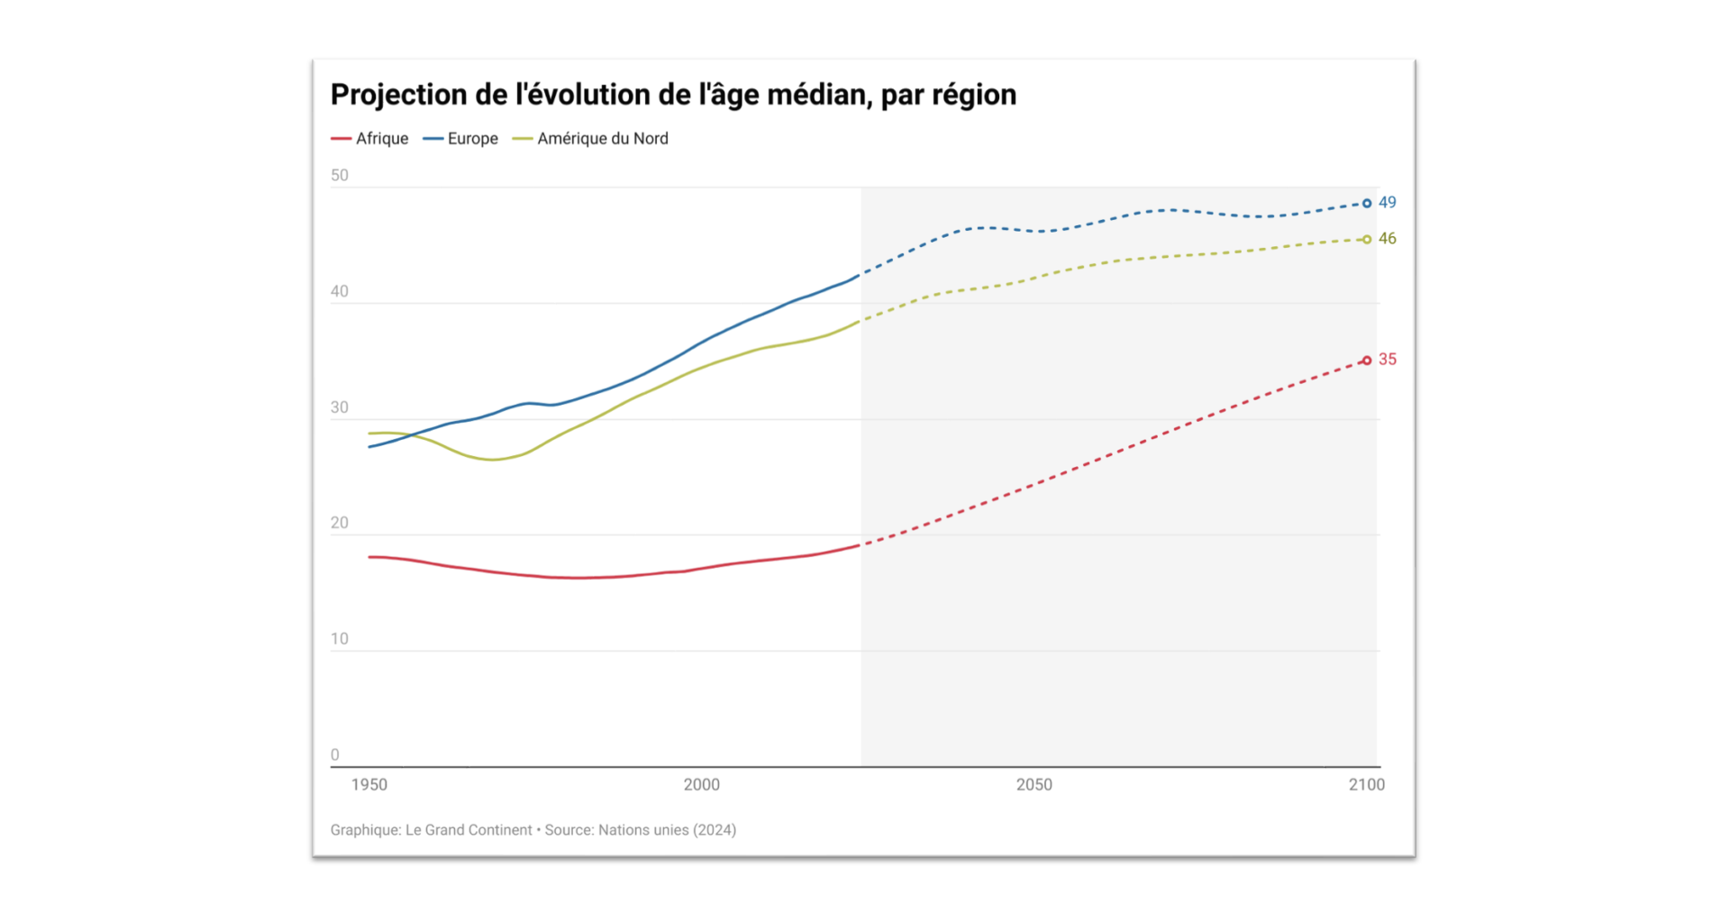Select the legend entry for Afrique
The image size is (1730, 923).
coord(370,139)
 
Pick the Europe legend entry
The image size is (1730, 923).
coord(461,139)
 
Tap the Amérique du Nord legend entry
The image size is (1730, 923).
coord(591,139)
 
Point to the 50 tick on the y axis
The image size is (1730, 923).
coord(340,176)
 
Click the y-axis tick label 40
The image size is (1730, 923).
coord(340,292)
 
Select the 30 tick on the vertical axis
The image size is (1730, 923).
coord(340,407)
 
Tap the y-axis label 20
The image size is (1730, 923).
coord(340,524)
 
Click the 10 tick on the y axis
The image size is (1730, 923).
coord(340,639)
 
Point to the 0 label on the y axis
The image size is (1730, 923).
coord(335,755)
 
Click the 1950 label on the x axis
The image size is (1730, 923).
coord(369,785)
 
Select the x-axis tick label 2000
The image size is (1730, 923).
coord(702,785)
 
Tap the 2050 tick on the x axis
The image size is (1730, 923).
coord(1034,785)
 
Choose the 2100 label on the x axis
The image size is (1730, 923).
coord(1367,785)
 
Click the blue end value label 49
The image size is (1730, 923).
coord(1388,203)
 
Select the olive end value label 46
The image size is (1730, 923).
coord(1388,239)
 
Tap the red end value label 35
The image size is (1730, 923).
coord(1388,360)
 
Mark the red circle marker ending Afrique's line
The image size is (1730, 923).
coord(1367,361)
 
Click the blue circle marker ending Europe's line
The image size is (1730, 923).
coord(1367,204)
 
